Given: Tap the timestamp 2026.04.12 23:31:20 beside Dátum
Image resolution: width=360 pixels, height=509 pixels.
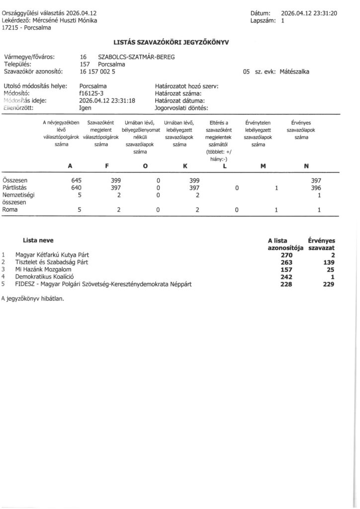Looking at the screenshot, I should point(309,13).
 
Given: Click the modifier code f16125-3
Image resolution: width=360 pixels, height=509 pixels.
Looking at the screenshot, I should point(92,93).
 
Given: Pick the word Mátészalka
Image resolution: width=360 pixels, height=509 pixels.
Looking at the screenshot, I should point(295,72).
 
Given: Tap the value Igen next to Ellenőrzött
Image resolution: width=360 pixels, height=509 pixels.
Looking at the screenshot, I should point(86,107).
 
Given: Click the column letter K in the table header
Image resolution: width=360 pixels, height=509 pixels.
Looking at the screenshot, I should point(185,166).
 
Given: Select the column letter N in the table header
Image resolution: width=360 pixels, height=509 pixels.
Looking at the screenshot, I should point(306,166).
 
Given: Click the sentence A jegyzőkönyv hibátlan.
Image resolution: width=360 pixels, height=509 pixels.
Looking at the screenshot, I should point(33,299).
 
